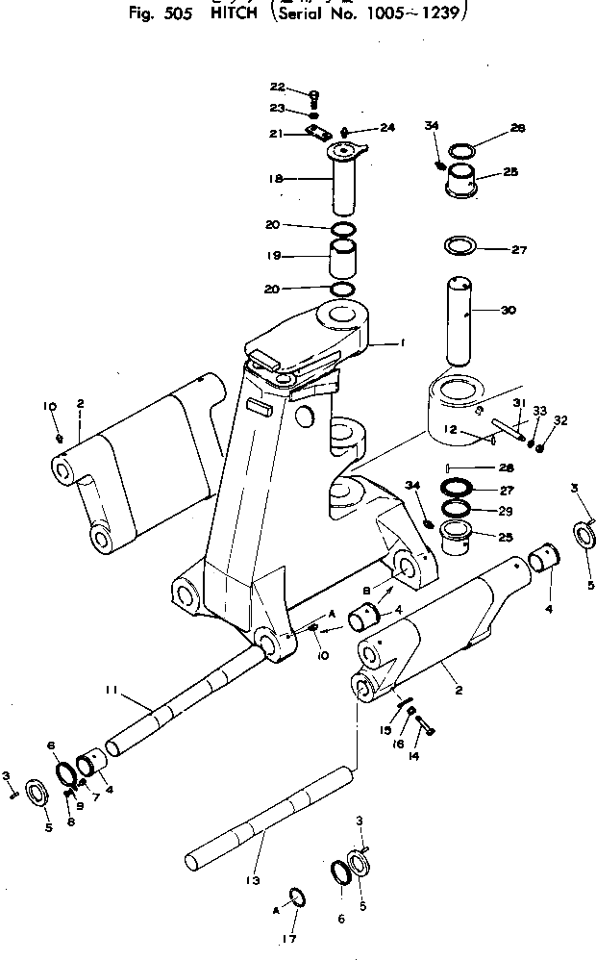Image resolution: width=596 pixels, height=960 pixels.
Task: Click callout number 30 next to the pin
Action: pos(509,310)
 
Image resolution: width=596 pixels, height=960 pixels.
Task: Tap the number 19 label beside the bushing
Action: pos(273,257)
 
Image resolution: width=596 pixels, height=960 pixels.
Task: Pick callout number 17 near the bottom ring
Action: pos(289,938)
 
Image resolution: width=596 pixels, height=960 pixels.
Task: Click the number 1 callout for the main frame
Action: pos(404,341)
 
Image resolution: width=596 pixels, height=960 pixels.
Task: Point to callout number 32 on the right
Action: pos(559,420)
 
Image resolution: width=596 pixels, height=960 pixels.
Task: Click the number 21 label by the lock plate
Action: pos(275,134)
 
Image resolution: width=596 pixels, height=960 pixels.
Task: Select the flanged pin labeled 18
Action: pos(343,183)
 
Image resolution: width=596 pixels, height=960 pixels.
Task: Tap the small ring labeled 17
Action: pos(299,899)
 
